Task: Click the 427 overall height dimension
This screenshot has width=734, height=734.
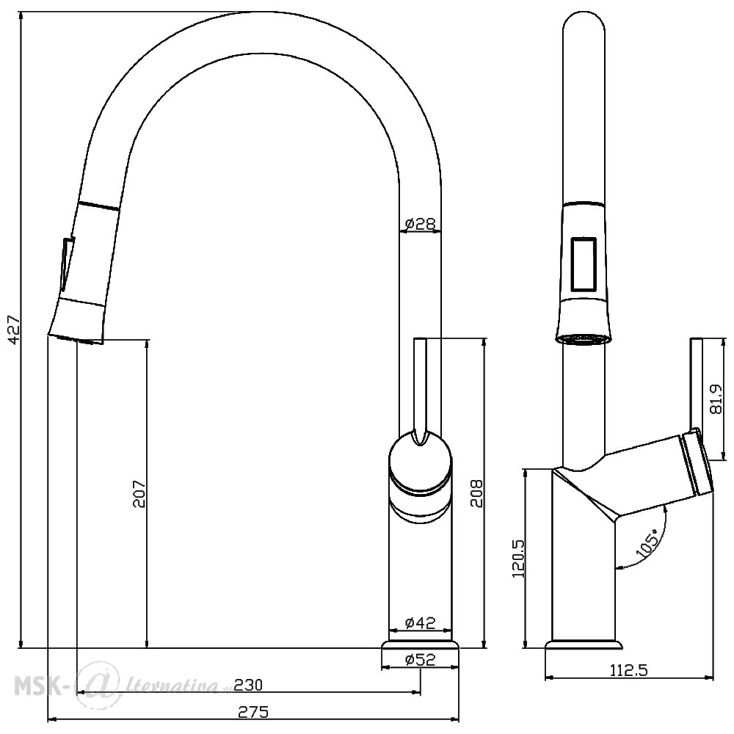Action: pyautogui.click(x=15, y=330)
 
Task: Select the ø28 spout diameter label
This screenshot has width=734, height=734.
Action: pyautogui.click(x=421, y=224)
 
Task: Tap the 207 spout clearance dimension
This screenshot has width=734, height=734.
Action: pyautogui.click(x=140, y=493)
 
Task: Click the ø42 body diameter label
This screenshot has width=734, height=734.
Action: pyautogui.click(x=421, y=622)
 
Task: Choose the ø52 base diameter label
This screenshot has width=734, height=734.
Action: pyautogui.click(x=421, y=659)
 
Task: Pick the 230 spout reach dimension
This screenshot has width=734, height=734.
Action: pyautogui.click(x=248, y=685)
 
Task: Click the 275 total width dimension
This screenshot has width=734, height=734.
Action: pyautogui.click(x=253, y=712)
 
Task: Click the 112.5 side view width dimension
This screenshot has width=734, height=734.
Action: pyautogui.click(x=629, y=670)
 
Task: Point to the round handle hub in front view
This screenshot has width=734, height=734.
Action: pyautogui.click(x=421, y=463)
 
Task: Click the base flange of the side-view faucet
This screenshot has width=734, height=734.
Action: pyautogui.click(x=584, y=645)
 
